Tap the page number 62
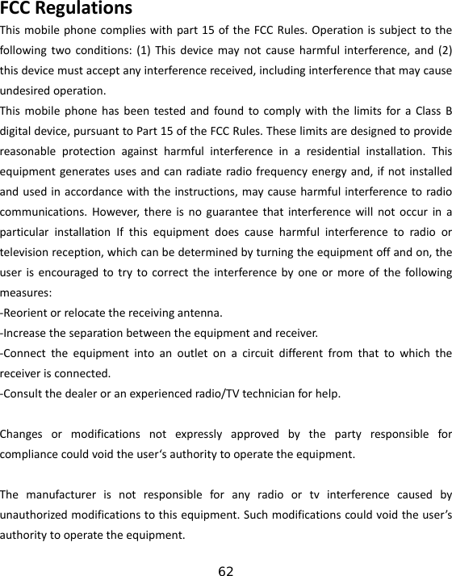(x=226, y=571)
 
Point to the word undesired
(x=27, y=89)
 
